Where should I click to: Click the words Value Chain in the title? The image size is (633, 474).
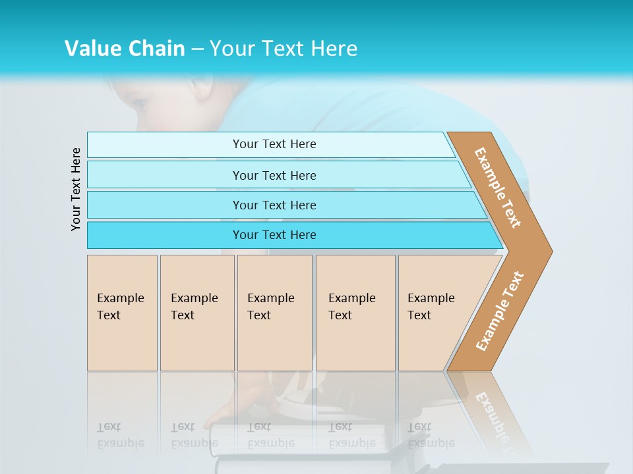click(x=125, y=48)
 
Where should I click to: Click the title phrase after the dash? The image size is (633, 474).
click(x=284, y=48)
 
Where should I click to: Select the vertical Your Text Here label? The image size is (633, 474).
click(x=76, y=189)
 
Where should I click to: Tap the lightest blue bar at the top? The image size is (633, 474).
click(x=274, y=144)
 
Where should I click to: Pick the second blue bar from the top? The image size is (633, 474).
click(x=274, y=175)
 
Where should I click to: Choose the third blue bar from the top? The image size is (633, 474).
click(x=274, y=205)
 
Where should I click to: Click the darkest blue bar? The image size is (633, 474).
click(x=274, y=235)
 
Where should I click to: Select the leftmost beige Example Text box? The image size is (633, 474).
click(x=122, y=313)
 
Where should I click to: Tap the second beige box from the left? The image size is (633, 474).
click(x=197, y=313)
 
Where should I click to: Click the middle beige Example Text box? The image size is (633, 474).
click(x=274, y=313)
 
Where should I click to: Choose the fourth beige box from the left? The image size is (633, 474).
click(x=355, y=313)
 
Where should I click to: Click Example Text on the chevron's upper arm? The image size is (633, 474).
click(x=498, y=188)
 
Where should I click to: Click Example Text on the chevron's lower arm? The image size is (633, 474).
click(x=500, y=311)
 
